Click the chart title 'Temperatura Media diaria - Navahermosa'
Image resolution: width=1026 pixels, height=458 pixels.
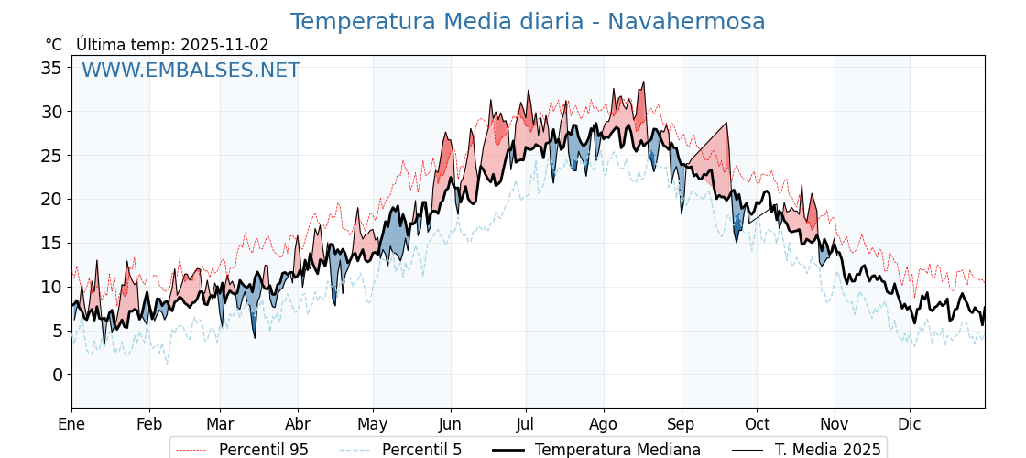point(528,22)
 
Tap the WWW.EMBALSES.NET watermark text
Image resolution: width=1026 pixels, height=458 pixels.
point(191,71)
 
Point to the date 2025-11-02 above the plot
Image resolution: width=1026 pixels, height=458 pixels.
point(224,45)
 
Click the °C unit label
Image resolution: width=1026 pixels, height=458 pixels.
point(53,45)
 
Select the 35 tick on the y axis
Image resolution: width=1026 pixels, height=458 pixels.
point(51,68)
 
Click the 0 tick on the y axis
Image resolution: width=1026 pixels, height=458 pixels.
point(57,374)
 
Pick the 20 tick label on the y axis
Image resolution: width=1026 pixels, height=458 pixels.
point(51,199)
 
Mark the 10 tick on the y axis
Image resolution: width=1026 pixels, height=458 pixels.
point(51,287)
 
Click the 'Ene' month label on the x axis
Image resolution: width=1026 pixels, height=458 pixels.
point(71,424)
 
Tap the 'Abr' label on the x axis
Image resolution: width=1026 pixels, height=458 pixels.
point(298,424)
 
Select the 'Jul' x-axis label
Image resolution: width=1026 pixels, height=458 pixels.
point(526,424)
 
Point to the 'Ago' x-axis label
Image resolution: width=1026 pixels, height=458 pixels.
point(604,424)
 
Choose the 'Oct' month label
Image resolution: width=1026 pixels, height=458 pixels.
point(757,424)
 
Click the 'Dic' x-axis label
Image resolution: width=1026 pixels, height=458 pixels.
point(910,424)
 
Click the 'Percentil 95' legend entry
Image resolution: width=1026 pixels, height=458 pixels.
point(263,450)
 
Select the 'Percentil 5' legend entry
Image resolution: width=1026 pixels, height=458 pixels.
point(421,450)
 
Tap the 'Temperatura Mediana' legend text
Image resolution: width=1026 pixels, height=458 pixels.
point(617,450)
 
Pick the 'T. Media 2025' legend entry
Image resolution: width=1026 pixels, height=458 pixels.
point(827,450)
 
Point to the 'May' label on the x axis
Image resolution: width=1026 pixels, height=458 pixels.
point(373,424)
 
